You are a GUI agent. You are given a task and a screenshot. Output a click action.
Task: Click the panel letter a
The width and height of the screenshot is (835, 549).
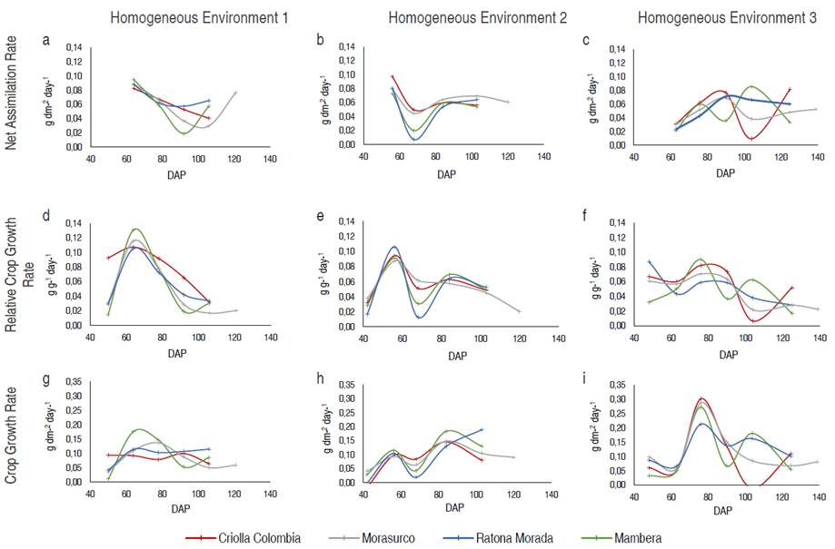[x=45, y=39]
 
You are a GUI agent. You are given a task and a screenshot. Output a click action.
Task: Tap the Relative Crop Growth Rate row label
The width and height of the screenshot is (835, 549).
[x=21, y=272]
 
